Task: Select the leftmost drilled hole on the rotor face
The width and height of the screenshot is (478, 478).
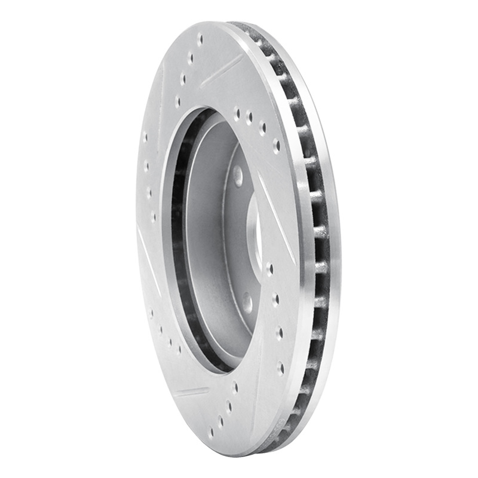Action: point(145,136)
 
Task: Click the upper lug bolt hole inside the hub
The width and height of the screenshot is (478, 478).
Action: point(238,175)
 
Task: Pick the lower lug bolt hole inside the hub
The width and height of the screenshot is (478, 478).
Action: point(247,302)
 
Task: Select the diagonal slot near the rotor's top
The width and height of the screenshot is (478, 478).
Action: point(221,71)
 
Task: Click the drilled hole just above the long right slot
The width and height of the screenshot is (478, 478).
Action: point(276,144)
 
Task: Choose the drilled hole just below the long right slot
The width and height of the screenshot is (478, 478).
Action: point(269,269)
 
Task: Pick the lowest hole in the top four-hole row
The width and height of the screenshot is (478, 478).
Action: point(177,102)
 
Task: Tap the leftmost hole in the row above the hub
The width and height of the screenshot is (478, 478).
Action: point(237,111)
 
